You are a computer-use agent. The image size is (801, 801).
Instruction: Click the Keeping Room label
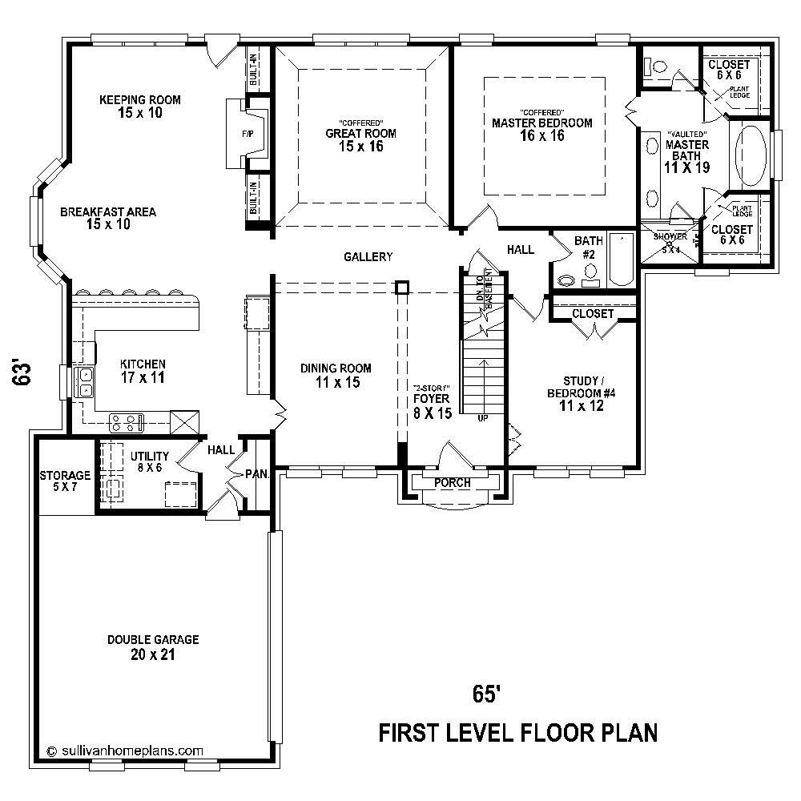coord(140,100)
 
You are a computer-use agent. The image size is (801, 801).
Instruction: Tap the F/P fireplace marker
coord(247,134)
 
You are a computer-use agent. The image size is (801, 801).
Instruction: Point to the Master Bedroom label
coord(542,123)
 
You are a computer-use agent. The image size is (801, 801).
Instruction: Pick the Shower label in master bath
coord(670,237)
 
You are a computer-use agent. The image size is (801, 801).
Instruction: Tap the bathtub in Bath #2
coord(621,259)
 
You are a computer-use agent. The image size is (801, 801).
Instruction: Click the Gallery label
coord(368,257)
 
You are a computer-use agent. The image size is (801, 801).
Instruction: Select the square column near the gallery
coord(403,287)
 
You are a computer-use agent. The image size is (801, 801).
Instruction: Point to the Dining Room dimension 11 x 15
coord(336,383)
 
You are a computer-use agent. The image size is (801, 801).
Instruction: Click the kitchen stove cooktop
coord(126,419)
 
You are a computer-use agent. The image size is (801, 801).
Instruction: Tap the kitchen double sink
coord(84,382)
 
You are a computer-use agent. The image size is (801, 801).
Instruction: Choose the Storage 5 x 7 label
coord(65,481)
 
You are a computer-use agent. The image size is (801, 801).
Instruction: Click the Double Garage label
coord(153,640)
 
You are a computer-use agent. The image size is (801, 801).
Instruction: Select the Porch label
coord(453,483)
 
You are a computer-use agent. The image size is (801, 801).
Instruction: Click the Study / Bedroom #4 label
coord(581,392)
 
